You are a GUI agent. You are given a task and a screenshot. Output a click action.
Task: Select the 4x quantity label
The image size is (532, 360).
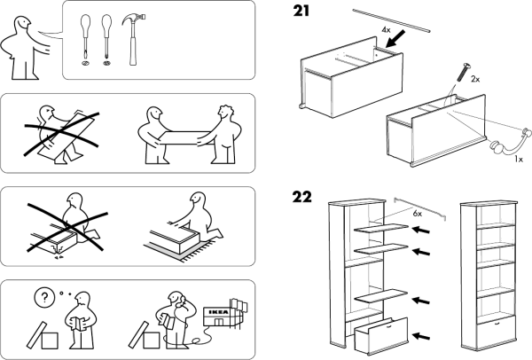386,30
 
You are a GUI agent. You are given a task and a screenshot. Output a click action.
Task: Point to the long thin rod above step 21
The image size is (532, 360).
390,20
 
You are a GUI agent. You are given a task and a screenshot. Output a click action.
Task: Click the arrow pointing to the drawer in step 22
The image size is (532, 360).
426,335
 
